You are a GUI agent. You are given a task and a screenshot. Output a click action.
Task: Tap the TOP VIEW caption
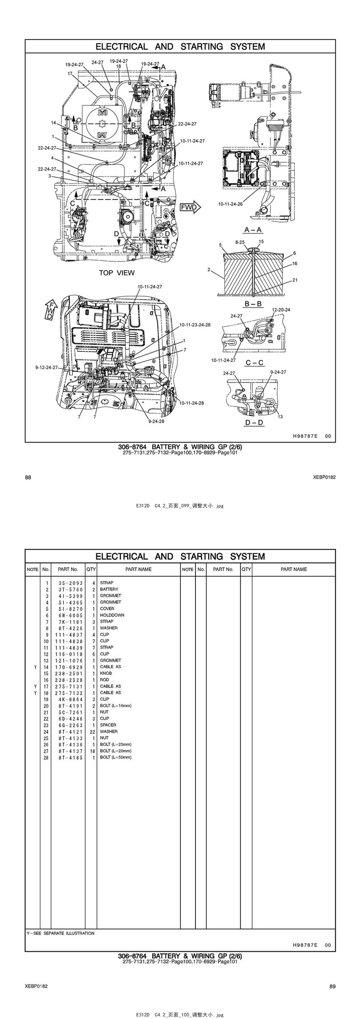pos(117,273)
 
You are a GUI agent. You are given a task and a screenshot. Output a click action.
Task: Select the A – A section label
pos(253,230)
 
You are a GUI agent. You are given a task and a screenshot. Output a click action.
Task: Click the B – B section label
pos(253,304)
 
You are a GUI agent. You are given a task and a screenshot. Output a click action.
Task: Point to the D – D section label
pos(254,423)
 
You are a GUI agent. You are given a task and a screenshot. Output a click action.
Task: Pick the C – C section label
pos(255,363)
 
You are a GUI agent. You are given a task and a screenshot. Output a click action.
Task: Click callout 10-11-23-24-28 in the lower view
pos(195,324)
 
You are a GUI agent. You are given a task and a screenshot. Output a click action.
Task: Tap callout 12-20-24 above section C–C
pos(281,309)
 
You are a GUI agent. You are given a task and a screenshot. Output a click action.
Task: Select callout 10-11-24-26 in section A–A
pos(230,204)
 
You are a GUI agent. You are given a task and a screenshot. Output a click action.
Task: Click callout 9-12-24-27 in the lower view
pos(46,367)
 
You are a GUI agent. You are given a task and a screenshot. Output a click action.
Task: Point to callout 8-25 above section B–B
pos(240,242)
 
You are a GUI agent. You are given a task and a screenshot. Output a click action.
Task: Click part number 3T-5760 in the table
pos(69,589)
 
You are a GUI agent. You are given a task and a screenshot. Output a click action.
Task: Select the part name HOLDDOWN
pos(112,615)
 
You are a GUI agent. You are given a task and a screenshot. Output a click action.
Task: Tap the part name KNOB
pos(106,673)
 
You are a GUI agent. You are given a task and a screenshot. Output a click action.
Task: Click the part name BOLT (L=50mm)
pos(116,757)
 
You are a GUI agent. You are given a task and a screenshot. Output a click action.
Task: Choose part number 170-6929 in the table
pos(69,667)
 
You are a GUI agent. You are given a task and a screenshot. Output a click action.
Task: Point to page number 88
pos(28,477)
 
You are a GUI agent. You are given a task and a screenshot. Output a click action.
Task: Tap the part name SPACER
pos(108,725)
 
